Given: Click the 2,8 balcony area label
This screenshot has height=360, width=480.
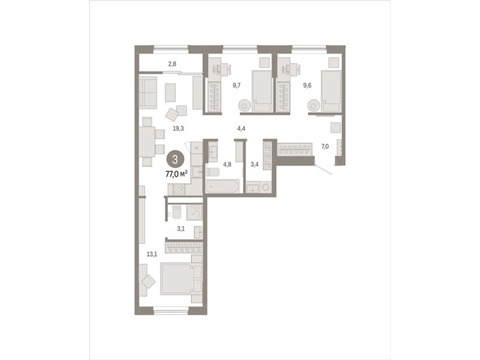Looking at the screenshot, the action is pyautogui.click(x=172, y=64).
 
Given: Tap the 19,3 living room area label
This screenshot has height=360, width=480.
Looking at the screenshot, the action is pyautogui.click(x=178, y=128).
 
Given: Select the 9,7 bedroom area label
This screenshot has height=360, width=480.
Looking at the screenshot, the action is pyautogui.click(x=236, y=85).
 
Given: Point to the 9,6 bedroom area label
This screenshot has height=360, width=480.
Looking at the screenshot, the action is pyautogui.click(x=307, y=85).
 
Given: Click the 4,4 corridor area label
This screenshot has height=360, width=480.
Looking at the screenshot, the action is pyautogui.click(x=241, y=128).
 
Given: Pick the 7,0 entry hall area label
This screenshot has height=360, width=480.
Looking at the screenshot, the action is pyautogui.click(x=325, y=146).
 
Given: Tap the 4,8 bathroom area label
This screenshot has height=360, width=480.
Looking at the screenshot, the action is pyautogui.click(x=227, y=164).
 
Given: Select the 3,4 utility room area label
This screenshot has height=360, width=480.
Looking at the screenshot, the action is pyautogui.click(x=254, y=164).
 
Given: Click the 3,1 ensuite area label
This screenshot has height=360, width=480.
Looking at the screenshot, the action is pyautogui.click(x=181, y=229).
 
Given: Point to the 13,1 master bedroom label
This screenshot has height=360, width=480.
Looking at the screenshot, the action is pyautogui.click(x=152, y=254).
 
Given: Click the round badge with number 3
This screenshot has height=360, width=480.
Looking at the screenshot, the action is pyautogui.click(x=175, y=160).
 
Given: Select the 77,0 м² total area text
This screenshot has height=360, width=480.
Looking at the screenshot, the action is pyautogui.click(x=176, y=174).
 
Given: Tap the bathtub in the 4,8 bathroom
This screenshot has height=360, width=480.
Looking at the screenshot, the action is pyautogui.click(x=222, y=186).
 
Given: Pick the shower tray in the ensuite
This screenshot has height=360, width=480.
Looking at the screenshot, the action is pyautogui.click(x=194, y=212).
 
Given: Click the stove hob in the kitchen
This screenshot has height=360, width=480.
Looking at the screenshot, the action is pyautogui.click(x=179, y=190).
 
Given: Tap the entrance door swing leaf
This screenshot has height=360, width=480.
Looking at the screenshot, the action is pyautogui.click(x=324, y=170).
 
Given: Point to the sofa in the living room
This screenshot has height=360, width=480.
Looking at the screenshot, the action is pyautogui.click(x=148, y=92).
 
